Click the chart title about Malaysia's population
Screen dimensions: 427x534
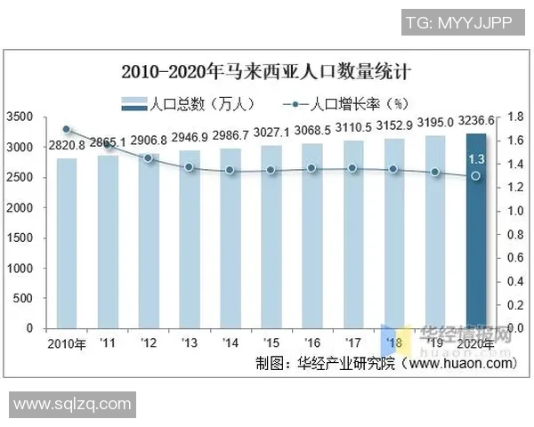click(267, 69)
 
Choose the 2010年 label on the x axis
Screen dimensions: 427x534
click(67, 343)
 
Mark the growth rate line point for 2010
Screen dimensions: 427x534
click(66, 129)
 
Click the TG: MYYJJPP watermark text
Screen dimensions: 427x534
click(459, 22)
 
